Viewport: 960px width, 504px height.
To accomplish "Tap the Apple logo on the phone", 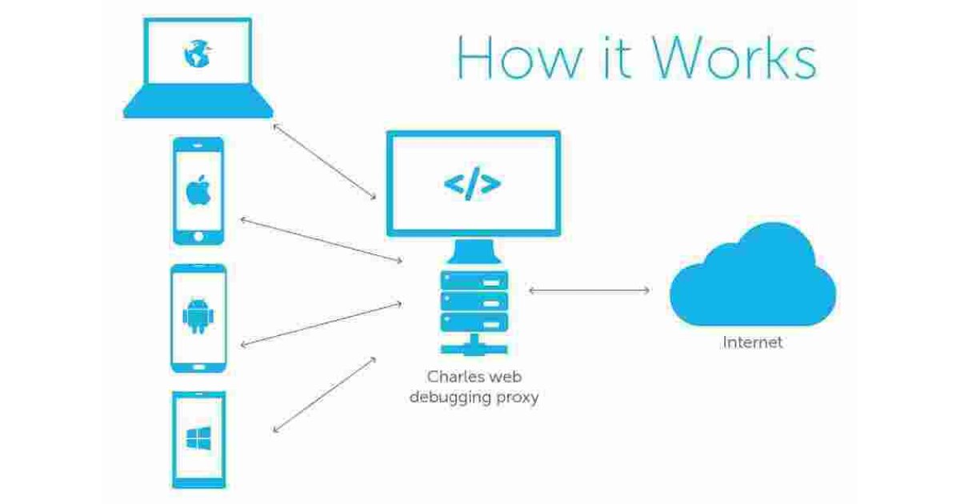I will [x=198, y=191].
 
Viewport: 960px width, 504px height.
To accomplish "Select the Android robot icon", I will [x=198, y=318].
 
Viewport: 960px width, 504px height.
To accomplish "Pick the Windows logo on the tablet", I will [x=198, y=438].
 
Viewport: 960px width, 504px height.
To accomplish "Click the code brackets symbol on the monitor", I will [x=473, y=184].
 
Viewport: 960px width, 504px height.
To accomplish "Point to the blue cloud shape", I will [x=752, y=276].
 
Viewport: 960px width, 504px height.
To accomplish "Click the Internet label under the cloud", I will [x=752, y=343].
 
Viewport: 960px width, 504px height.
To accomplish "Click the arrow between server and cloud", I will [x=589, y=290].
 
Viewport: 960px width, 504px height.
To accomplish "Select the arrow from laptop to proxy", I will [x=325, y=162].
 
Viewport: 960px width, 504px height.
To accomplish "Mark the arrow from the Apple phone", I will [x=320, y=240].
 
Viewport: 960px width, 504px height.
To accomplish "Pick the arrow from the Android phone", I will [x=320, y=323].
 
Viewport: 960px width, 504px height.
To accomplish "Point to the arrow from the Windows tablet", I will [x=325, y=394].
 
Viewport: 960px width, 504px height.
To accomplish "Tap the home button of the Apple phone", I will [x=198, y=237].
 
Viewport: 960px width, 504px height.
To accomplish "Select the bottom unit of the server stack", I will [x=474, y=322].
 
